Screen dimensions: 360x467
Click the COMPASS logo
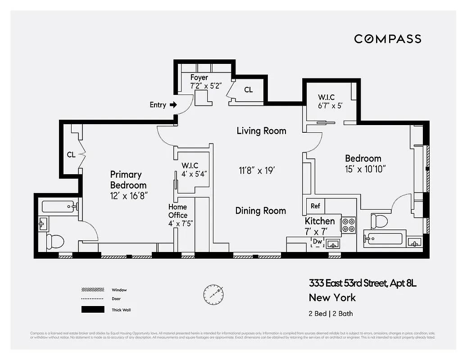[387, 39]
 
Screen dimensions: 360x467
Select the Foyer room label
[199, 77]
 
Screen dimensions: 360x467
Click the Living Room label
[261, 131]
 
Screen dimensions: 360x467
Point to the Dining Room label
[260, 211]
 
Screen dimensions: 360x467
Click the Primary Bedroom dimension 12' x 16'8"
[129, 196]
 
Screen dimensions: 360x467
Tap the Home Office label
[177, 211]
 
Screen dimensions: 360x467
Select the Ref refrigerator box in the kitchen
[315, 206]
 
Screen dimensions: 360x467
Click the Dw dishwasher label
[317, 242]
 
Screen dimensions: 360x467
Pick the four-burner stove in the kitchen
[349, 225]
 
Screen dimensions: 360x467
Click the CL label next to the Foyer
[248, 90]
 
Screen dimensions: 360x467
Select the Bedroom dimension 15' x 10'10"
[366, 169]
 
